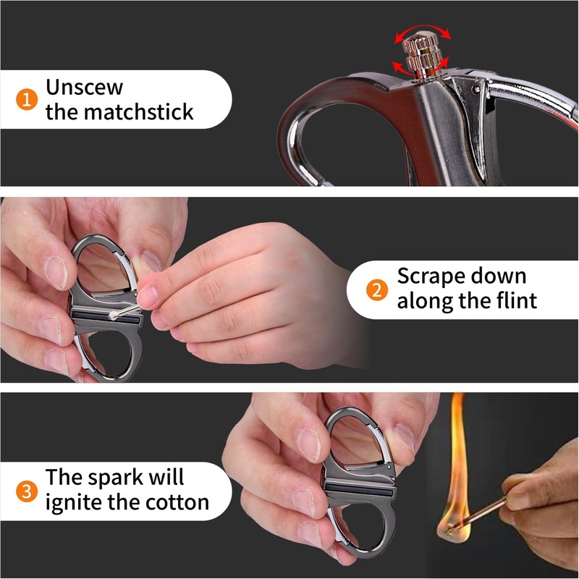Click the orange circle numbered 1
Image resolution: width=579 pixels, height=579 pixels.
[25, 99]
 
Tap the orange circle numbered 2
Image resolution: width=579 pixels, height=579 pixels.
[376, 291]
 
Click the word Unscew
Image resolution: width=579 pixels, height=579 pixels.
[85, 88]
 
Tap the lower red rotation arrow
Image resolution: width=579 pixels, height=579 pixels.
[406, 67]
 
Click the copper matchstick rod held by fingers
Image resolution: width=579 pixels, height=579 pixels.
[492, 507]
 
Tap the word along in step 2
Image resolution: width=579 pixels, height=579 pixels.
[426, 301]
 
